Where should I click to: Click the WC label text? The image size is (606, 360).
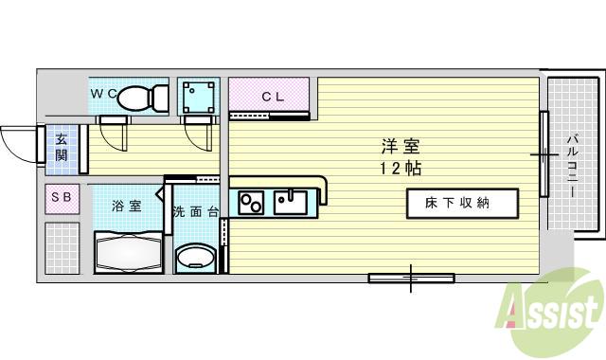pos(104,93)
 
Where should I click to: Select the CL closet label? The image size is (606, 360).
pos(273,96)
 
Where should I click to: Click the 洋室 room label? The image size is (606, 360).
pos(401,147)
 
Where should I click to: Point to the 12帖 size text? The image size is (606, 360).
pos(401,169)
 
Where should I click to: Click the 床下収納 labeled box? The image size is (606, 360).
pos(463,203)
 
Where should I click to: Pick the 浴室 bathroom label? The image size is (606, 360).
pos(126,206)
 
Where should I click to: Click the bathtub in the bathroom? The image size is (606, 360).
pos(130,252)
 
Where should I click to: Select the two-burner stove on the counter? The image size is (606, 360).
pos(252,202)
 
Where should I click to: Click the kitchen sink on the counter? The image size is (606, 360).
pos(288,201)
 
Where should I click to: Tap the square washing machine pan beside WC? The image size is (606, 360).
pos(198,97)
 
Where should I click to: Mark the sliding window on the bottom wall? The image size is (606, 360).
pos(410,277)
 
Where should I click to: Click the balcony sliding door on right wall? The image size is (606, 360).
pos(544,153)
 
